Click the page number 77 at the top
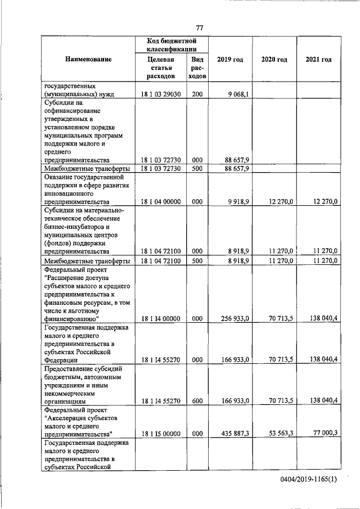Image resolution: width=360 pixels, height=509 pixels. click(199, 28)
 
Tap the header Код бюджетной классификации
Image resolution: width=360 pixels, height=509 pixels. click(170, 46)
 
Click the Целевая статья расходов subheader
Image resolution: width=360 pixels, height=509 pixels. click(161, 68)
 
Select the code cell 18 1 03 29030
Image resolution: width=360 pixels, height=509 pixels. click(161, 94)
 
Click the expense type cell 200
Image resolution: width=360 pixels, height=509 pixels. click(197, 94)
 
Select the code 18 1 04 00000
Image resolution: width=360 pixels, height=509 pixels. click(161, 201)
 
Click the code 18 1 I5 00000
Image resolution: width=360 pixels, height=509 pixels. click(161, 433)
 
